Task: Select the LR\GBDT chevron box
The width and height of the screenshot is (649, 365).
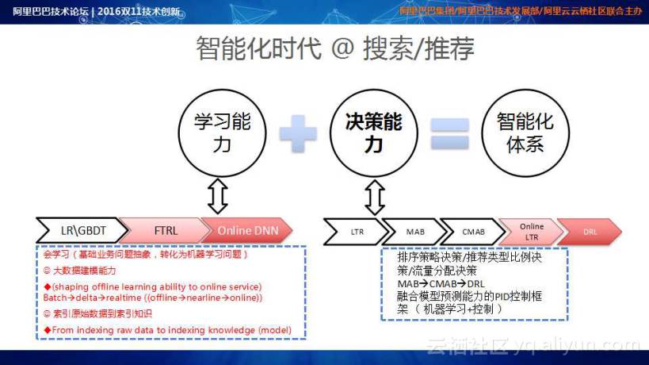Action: click(x=82, y=230)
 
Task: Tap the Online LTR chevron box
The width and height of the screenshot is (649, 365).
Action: click(x=531, y=232)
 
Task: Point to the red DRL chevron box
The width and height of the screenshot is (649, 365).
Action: click(x=590, y=232)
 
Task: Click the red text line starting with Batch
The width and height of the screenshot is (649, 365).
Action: click(x=152, y=298)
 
